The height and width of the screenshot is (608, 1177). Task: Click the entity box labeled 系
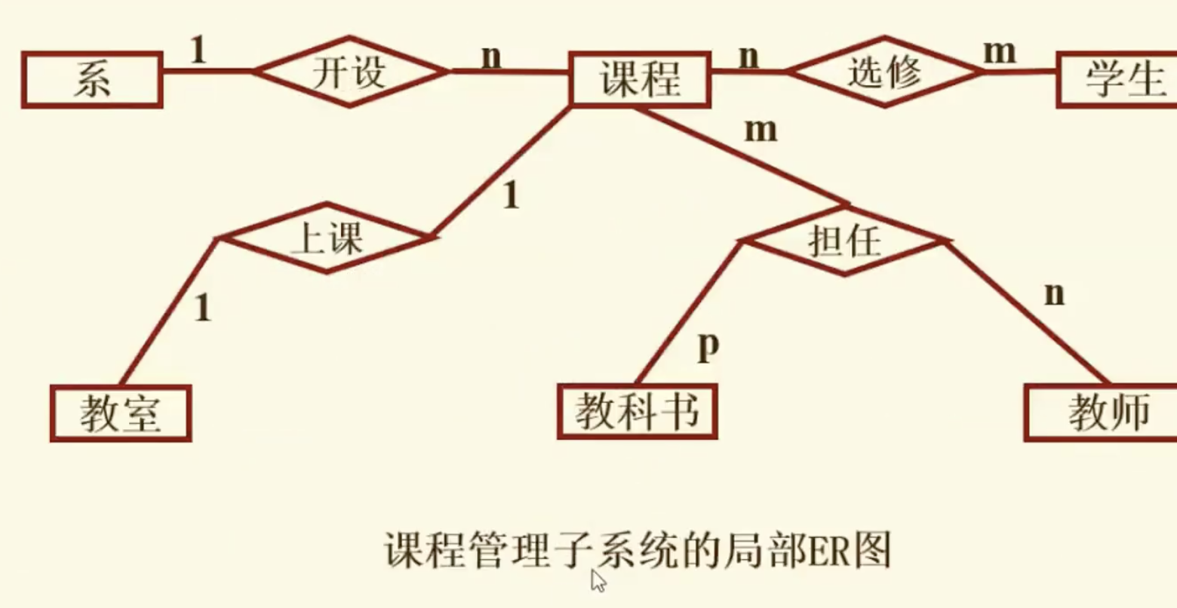coord(92,80)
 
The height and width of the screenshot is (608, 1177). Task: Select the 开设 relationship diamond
coord(350,72)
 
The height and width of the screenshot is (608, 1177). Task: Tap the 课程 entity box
coord(640,78)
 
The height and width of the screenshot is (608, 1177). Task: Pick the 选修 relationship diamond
coord(884,72)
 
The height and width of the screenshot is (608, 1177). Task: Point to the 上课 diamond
coord(327,238)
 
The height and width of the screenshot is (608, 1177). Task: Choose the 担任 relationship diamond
coord(844,241)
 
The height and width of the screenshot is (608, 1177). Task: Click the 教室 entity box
coord(121,413)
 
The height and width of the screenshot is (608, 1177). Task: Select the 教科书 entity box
coord(637,411)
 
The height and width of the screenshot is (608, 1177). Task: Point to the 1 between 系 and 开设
coord(198,51)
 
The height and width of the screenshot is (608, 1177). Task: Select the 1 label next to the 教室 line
coord(202,309)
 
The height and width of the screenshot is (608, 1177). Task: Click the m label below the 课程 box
coord(761,131)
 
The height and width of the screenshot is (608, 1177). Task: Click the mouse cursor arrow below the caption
coord(598,581)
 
